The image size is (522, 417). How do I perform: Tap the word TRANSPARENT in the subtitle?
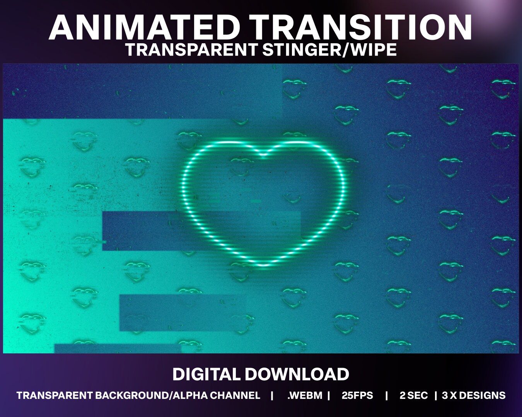pos(191,50)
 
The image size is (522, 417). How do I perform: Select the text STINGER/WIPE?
pos(330,50)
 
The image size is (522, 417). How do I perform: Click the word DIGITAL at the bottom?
pos(206,375)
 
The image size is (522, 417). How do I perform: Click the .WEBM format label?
pos(305,396)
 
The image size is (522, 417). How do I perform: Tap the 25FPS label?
pos(357,396)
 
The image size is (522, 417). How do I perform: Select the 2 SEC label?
pos(414,396)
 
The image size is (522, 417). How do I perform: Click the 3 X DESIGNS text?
pos(474,396)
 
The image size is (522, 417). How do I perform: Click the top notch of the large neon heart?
pos(263,156)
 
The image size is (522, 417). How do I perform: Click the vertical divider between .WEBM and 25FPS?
pos(329,396)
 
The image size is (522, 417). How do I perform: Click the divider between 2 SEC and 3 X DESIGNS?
pos(436,396)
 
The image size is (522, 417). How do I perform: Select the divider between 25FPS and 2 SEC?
pos(386,396)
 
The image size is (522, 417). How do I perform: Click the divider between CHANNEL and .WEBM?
pos(272,396)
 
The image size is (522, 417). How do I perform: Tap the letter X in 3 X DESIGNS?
pos(451,396)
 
